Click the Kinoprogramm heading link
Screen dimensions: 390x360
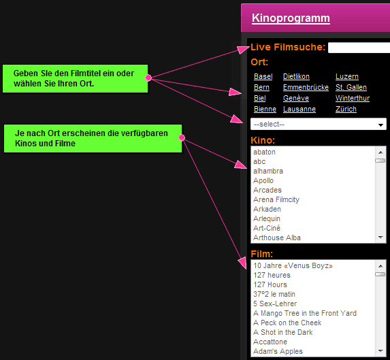coord(291,18)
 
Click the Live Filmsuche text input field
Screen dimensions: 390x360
coord(359,48)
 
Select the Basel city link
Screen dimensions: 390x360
coord(263,76)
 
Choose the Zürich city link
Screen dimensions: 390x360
coord(346,109)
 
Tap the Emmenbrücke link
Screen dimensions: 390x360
coord(306,87)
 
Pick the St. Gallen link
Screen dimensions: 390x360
coord(351,87)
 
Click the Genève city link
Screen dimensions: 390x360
coord(296,98)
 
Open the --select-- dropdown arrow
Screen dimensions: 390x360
coord(380,125)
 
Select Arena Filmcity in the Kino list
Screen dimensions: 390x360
coord(276,199)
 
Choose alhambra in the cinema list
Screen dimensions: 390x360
coord(268,171)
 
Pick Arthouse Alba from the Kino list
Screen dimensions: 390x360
coord(277,238)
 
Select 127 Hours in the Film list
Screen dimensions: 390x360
coord(270,284)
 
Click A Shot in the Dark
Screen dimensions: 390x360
coord(282,332)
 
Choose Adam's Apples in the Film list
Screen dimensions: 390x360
coord(278,351)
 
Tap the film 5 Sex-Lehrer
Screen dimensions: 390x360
coord(275,304)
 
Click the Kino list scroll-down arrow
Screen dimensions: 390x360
coord(380,238)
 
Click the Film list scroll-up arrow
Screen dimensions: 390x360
coord(380,266)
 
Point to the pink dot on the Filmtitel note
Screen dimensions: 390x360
coord(148,78)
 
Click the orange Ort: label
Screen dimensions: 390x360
coord(259,62)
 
